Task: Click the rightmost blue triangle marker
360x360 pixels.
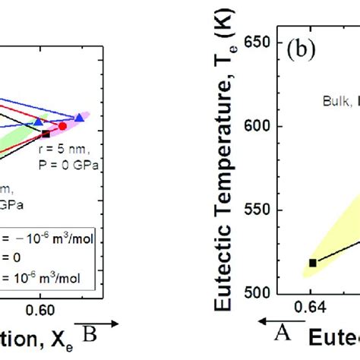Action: pos(81,117)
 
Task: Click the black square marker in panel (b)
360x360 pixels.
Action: pos(312,263)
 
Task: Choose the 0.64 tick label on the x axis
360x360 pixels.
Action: pos(311,309)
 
